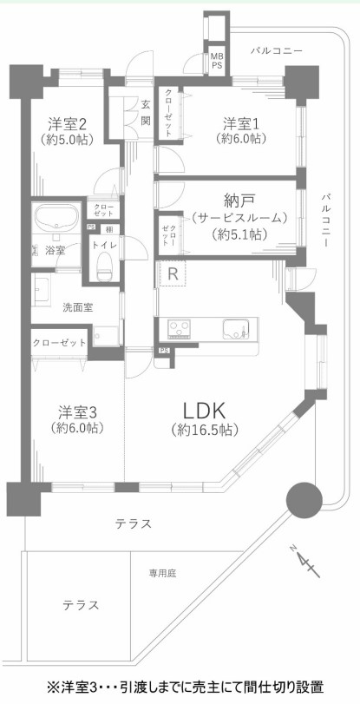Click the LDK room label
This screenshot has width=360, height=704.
[204, 411]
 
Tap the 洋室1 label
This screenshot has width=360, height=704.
[243, 122]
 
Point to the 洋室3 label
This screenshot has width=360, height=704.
[78, 411]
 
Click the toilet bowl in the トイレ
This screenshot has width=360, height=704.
[105, 265]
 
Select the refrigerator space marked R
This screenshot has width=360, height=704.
[173, 274]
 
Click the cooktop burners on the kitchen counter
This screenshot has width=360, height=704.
[180, 329]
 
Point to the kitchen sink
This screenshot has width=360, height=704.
[235, 330]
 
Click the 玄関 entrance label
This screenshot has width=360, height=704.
[146, 113]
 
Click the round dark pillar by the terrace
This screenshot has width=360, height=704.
[304, 500]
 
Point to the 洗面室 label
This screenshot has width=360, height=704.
[78, 307]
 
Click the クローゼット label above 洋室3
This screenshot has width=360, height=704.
[59, 343]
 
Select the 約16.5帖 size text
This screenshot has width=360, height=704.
[204, 430]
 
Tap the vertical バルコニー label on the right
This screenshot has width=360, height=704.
[327, 220]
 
